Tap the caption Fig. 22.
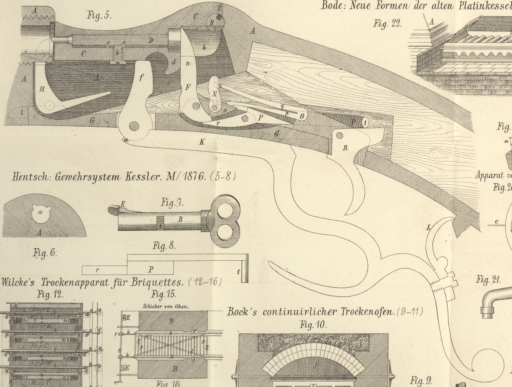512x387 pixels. (x=387, y=23)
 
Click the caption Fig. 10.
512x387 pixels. (x=314, y=325)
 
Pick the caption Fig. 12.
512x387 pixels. (x=50, y=294)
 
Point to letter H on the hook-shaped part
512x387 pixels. (x=42, y=89)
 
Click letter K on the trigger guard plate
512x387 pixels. (x=202, y=142)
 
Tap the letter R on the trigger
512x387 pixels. (x=346, y=148)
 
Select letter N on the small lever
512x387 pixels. (x=214, y=94)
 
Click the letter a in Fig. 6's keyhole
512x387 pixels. (x=40, y=212)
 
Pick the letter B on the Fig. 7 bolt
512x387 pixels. (x=180, y=219)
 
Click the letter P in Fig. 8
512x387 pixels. (x=150, y=269)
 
